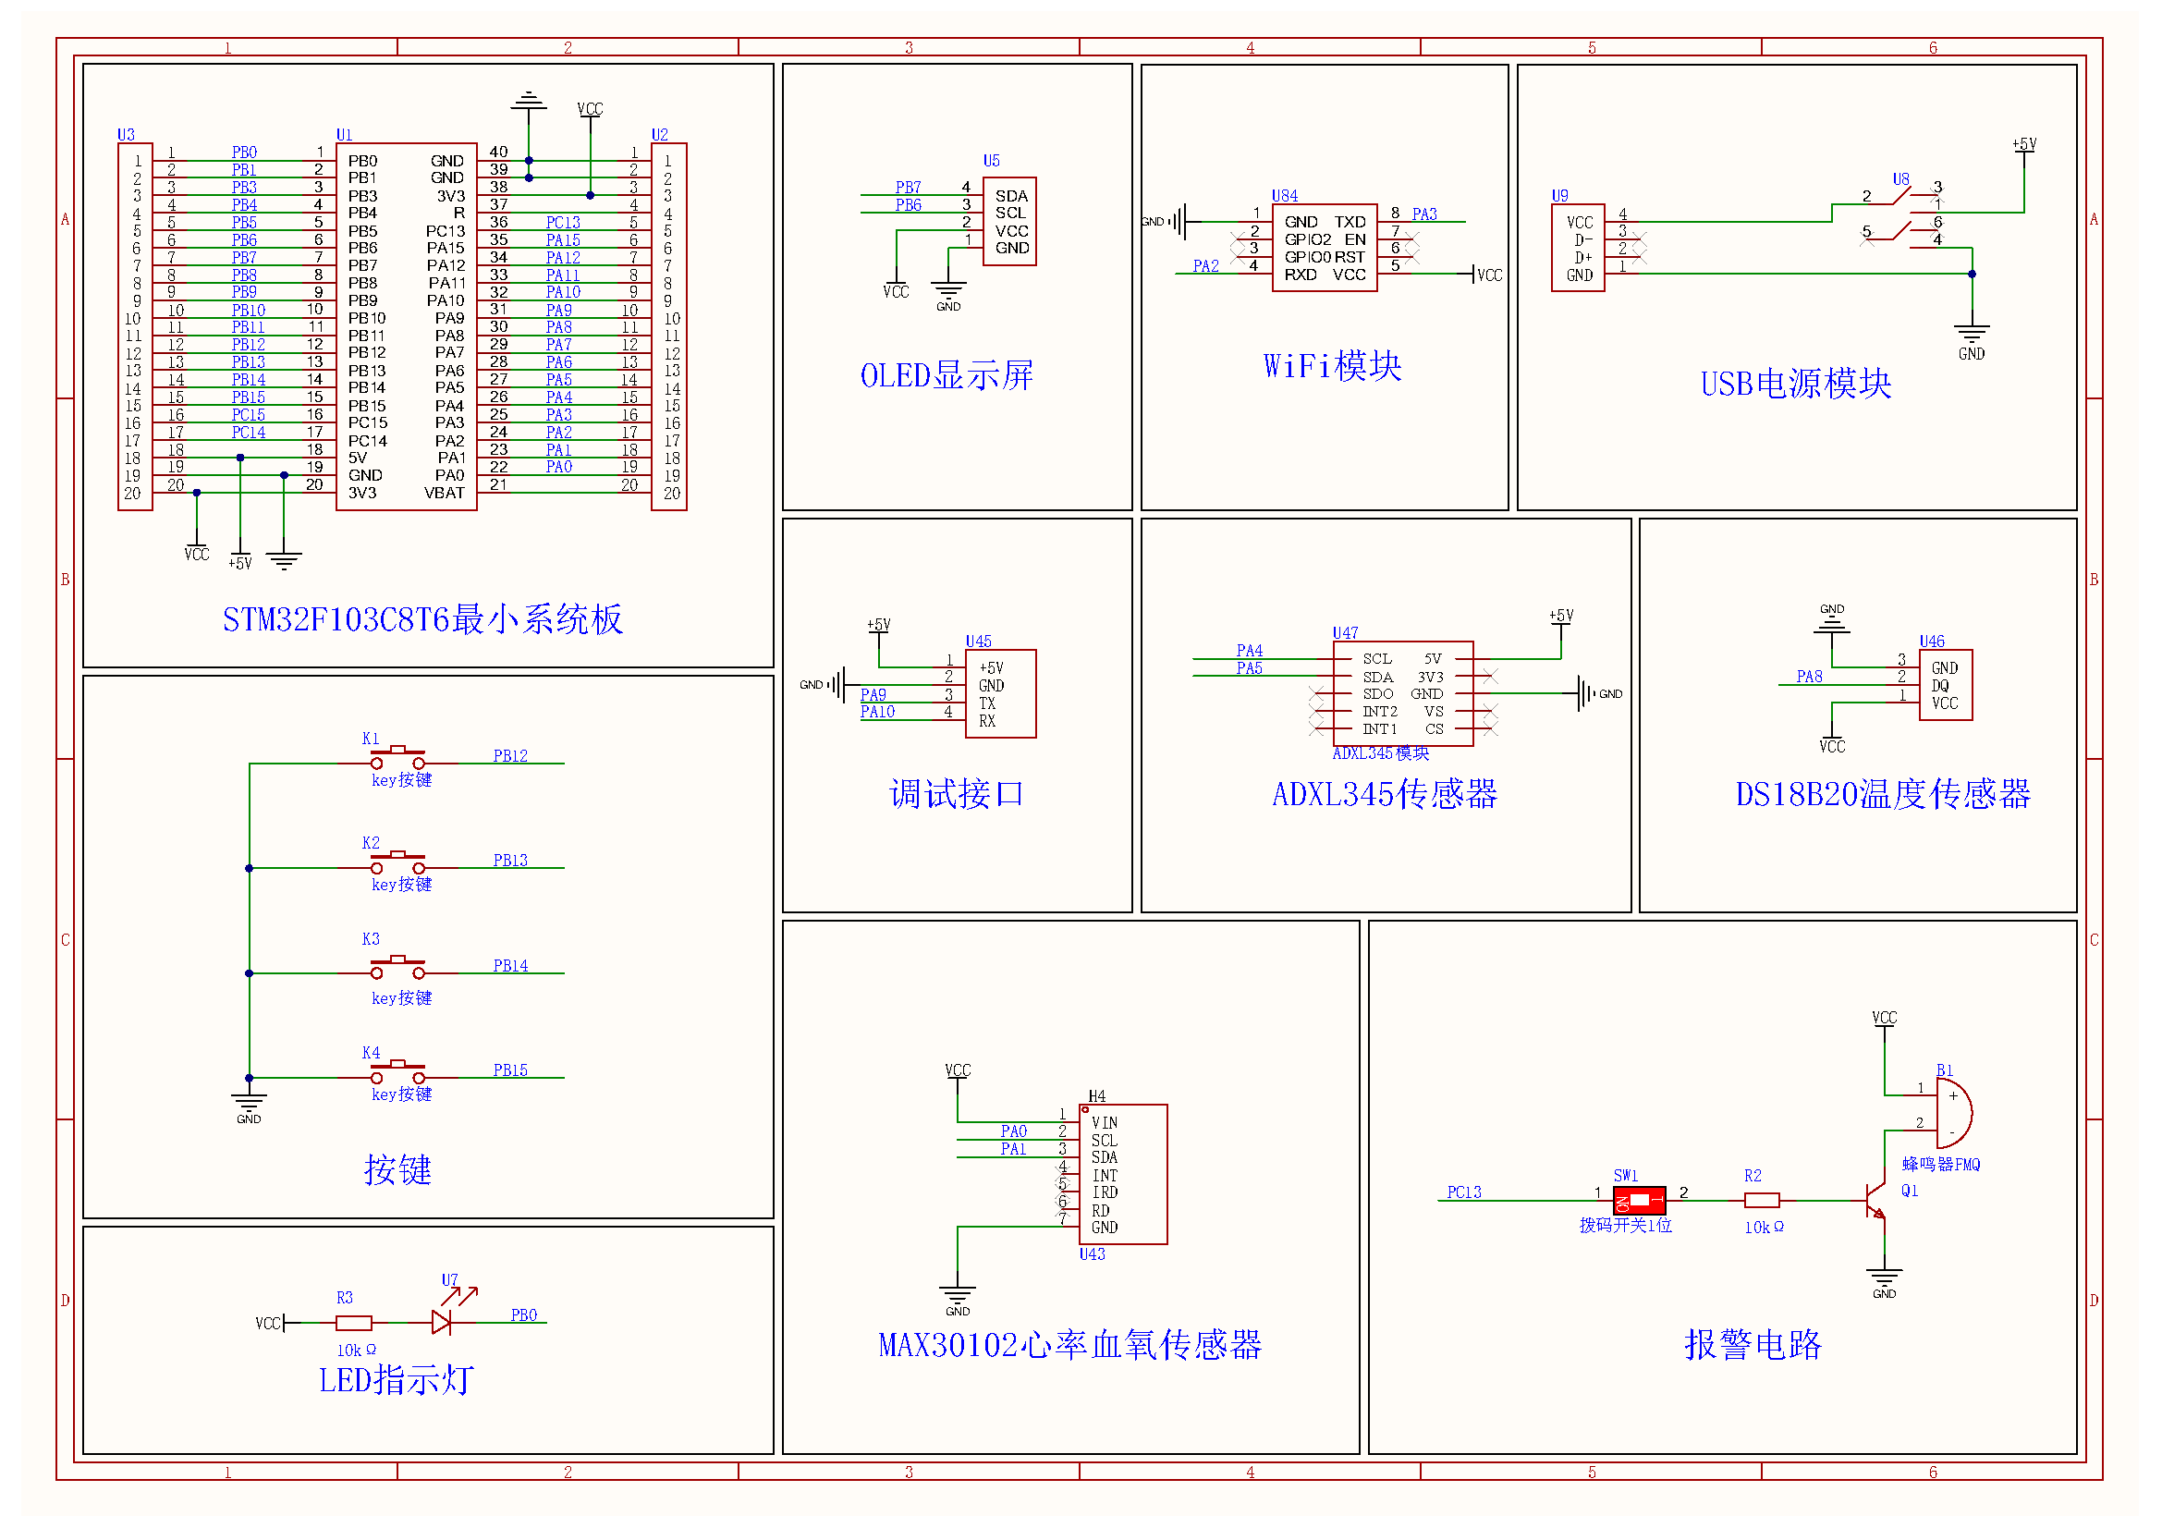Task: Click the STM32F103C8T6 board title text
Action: pyautogui.click(x=421, y=619)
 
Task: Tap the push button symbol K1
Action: pyautogui.click(x=397, y=757)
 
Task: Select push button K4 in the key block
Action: pyautogui.click(x=397, y=1071)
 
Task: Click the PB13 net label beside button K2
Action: pyautogui.click(x=509, y=861)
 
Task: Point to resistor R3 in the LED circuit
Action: pyautogui.click(x=354, y=1323)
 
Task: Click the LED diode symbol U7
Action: pyautogui.click(x=442, y=1322)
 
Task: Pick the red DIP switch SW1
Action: pyautogui.click(x=1639, y=1201)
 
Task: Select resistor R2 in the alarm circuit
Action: pyautogui.click(x=1761, y=1201)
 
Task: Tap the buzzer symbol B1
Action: pyautogui.click(x=1952, y=1112)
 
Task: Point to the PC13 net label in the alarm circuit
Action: pyautogui.click(x=1463, y=1192)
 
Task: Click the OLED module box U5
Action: pyautogui.click(x=1009, y=221)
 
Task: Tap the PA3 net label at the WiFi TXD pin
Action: pyautogui.click(x=1423, y=214)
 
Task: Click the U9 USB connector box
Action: pyautogui.click(x=1577, y=249)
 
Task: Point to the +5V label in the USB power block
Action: pyautogui.click(x=2023, y=144)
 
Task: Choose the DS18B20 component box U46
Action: pyautogui.click(x=1946, y=685)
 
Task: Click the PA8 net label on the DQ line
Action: pyautogui.click(x=1808, y=676)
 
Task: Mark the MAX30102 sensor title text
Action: pyautogui.click(x=1069, y=1344)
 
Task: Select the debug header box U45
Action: pyautogui.click(x=1000, y=694)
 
